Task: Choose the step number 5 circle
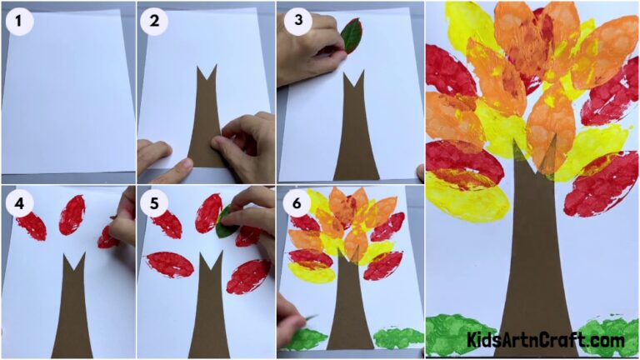[x=154, y=203]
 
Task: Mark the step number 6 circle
[x=295, y=203]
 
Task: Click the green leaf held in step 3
[x=352, y=36]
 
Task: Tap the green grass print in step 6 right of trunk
[x=398, y=337]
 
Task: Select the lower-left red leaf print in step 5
[x=169, y=264]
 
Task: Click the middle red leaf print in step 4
[x=71, y=214]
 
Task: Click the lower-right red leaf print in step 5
[x=247, y=276]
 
